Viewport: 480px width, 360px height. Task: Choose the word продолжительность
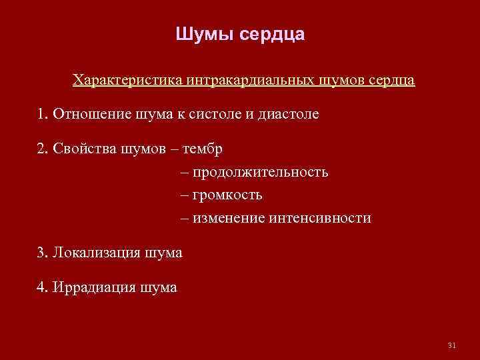pos(261,173)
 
